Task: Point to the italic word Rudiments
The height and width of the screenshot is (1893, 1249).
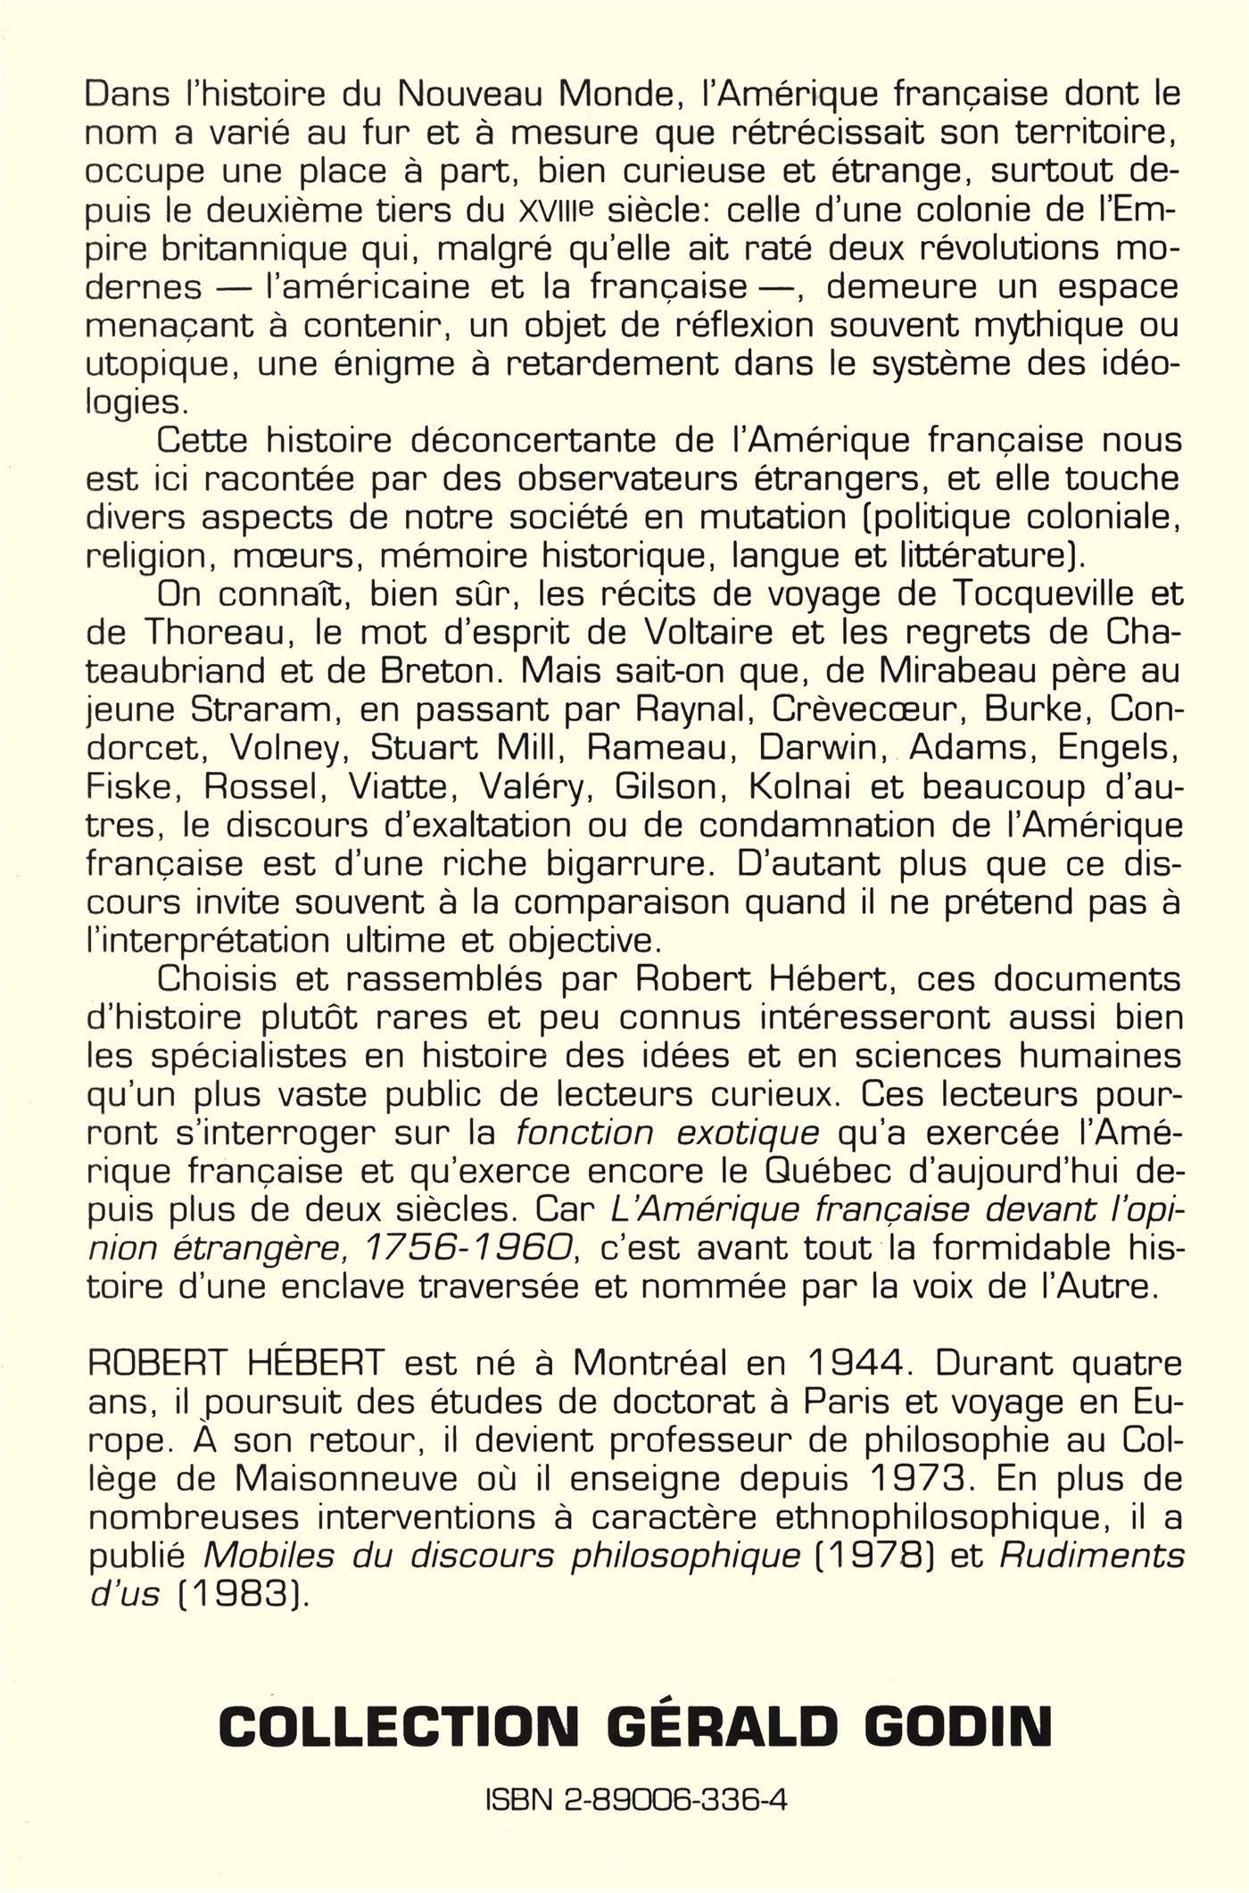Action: [1090, 1556]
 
